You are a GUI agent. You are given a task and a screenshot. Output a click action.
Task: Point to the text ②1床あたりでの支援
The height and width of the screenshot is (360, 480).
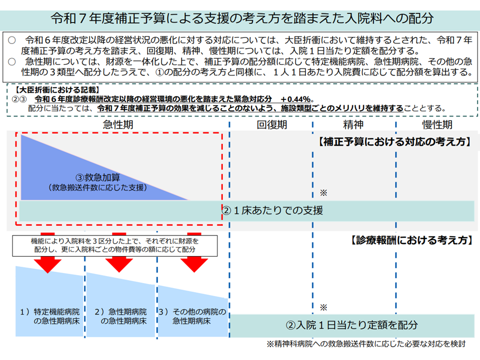point(272,210)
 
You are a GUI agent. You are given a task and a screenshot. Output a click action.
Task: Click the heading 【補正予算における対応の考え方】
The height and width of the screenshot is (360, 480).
point(394,142)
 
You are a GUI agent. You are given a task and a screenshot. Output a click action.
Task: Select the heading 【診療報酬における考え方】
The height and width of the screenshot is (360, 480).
point(409,240)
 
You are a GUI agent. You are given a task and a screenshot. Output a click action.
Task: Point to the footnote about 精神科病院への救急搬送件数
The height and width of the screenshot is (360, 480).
point(366,344)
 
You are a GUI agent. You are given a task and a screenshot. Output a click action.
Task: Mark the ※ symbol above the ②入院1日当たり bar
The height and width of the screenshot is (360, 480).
point(323,307)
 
